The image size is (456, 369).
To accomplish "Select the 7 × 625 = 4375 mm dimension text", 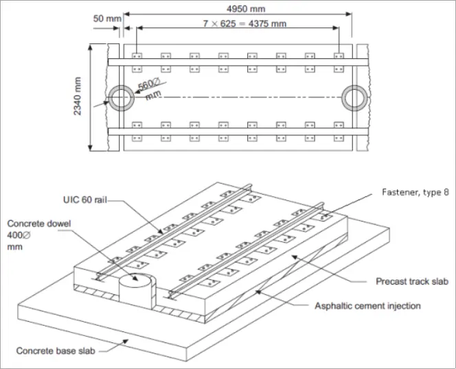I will pos(236,23).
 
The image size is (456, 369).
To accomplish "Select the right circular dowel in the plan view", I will pos(355,99).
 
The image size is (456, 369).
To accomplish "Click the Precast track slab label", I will pos(411,281).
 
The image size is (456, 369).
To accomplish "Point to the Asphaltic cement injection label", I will pos(367,305).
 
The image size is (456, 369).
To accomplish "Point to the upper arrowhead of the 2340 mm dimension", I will pos(91,47).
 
